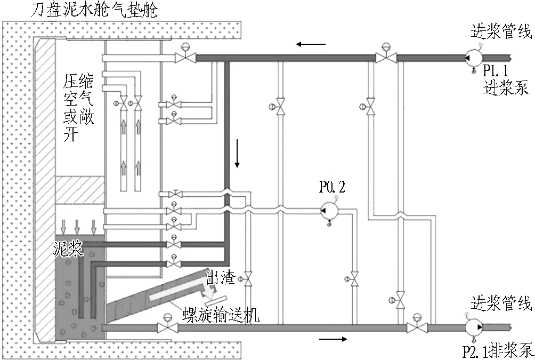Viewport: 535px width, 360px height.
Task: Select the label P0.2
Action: pos(332,187)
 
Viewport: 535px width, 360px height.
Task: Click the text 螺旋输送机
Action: pos(221,315)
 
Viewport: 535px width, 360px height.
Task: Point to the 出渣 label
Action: pos(221,279)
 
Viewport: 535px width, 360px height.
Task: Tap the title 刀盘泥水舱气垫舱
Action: pos(94,10)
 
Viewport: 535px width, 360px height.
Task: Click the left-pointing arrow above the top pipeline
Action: pos(311,44)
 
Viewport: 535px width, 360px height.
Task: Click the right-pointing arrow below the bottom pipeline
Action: pos(334,339)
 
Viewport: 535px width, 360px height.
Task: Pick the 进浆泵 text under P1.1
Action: pos(506,88)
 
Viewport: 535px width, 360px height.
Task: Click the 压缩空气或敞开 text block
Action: pos(78,108)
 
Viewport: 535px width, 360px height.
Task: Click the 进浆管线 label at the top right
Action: pos(501,32)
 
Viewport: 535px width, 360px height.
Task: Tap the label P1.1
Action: pos(496,71)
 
